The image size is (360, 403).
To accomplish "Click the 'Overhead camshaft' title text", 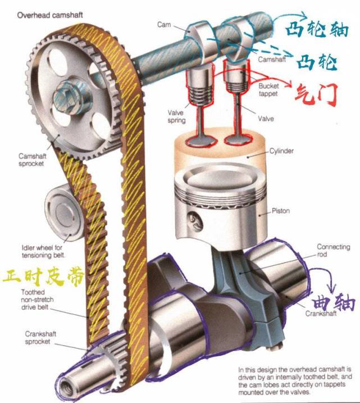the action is tap(50, 15).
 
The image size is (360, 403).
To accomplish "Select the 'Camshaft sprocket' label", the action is tap(32, 160).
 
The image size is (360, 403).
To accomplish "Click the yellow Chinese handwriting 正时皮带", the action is tap(43, 277).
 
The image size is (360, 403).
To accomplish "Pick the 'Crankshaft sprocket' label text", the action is tap(40, 338).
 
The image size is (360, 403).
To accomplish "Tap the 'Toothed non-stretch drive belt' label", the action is tap(37, 300).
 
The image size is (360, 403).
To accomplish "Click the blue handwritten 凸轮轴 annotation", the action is tap(317, 30).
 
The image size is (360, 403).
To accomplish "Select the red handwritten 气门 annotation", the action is tap(315, 96).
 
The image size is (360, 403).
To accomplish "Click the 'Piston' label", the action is tap(281, 211).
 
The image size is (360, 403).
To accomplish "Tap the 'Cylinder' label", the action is tap(281, 151).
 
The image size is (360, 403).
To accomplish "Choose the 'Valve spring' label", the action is tap(176, 116).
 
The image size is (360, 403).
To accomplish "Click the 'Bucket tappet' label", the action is tap(268, 90).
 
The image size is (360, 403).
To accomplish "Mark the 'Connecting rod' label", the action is tap(333, 251).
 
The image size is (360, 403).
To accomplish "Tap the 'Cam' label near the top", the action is tap(164, 25).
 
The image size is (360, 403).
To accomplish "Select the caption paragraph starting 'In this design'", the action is tap(295, 381).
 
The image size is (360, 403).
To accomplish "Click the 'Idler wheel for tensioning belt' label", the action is tap(43, 252).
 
